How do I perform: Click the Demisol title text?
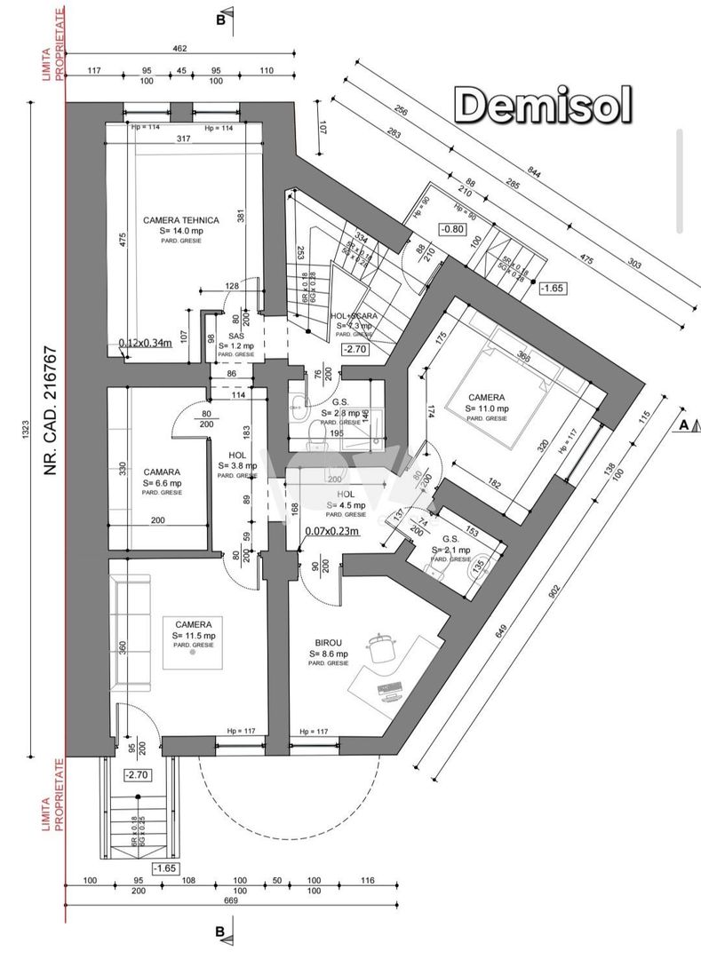point(544,106)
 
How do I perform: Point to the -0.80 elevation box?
point(454,229)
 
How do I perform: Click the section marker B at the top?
point(220,17)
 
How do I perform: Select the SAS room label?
point(235,337)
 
